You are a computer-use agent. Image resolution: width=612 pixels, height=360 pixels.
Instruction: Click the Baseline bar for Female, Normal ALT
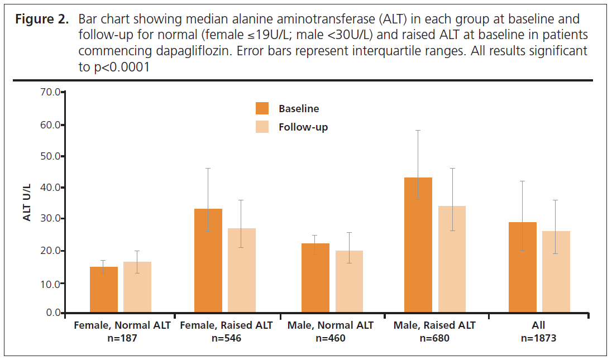[x=103, y=290]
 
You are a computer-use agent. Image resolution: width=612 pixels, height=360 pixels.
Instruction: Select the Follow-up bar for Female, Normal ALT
[x=137, y=287]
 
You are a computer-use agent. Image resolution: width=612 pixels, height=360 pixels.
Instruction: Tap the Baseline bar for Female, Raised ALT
[x=208, y=260]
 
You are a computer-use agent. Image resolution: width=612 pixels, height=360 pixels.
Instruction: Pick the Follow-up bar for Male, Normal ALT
[x=349, y=281]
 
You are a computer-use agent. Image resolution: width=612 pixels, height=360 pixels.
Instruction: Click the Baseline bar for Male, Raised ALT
[x=418, y=245]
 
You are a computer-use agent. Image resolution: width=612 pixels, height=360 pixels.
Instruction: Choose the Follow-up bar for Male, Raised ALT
[x=452, y=259]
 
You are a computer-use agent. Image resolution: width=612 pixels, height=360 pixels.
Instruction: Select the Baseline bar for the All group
[x=523, y=267]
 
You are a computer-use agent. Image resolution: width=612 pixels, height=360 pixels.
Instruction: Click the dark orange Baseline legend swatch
[x=262, y=109]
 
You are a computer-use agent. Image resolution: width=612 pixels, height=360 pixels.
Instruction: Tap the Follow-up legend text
[x=303, y=127]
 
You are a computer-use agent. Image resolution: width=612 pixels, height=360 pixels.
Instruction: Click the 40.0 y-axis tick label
[x=49, y=188]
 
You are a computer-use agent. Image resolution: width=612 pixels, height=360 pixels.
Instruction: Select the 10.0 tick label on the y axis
[x=49, y=284]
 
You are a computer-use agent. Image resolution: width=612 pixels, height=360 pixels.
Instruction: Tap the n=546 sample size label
[x=227, y=338]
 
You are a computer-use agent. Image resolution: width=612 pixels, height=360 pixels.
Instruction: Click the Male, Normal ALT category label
[x=331, y=325]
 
